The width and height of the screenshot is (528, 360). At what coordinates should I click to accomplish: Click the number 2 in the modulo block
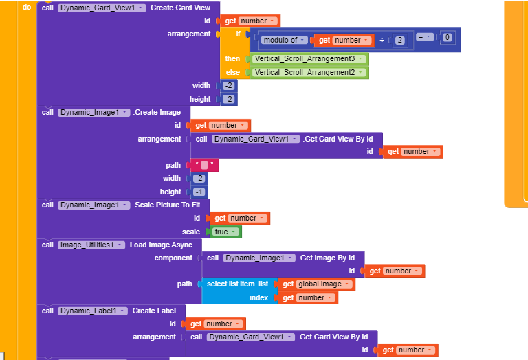coord(400,41)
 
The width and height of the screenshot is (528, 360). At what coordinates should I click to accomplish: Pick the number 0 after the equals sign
coord(448,37)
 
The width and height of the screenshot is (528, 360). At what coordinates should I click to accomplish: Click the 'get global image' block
coord(316,284)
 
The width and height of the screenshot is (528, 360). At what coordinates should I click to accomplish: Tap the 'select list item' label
coord(230,284)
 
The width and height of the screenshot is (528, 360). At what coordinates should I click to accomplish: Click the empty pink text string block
coord(205,165)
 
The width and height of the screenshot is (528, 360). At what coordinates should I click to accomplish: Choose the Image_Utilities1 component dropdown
coord(91,245)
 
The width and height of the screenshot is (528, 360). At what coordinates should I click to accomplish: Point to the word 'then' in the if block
coord(232,58)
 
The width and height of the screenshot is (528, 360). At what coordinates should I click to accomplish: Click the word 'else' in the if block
coord(232,72)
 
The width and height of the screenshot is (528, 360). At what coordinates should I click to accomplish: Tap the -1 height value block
coord(199,192)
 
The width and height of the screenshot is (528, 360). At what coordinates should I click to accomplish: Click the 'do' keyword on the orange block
coord(27,7)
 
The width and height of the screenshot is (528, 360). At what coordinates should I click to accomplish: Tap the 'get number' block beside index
coord(307,297)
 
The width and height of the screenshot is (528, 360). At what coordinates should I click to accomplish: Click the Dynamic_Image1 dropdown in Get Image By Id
coord(256,258)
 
